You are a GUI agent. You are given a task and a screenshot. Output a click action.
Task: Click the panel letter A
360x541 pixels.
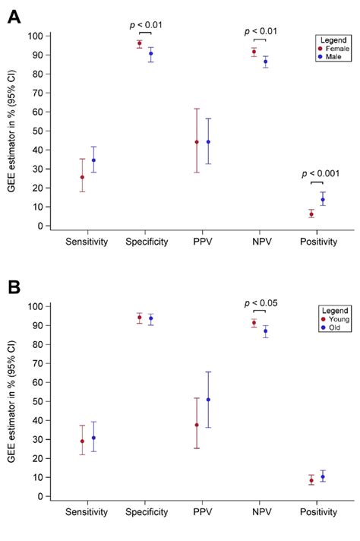[x=14, y=16]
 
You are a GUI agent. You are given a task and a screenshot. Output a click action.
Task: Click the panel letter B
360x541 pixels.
[x=14, y=289]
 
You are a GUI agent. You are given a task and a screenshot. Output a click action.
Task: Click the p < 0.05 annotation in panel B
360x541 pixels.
[x=260, y=303]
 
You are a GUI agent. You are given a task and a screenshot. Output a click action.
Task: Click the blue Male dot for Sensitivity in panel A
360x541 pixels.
[x=93, y=160]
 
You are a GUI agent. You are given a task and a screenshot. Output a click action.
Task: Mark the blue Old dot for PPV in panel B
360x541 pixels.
[x=208, y=400]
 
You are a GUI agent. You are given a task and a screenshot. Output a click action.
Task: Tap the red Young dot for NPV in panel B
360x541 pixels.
[x=254, y=323]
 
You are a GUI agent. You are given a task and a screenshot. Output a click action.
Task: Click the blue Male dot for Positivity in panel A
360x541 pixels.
[x=323, y=200]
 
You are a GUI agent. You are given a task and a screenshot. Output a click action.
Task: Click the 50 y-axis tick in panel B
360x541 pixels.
[x=34, y=402]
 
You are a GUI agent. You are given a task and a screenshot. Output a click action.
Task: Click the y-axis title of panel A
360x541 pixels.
[x=11, y=131]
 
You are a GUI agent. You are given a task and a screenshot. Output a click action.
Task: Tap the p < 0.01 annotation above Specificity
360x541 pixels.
[x=145, y=24]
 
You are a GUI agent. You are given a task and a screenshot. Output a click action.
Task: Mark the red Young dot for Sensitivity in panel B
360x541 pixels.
[x=82, y=441]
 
